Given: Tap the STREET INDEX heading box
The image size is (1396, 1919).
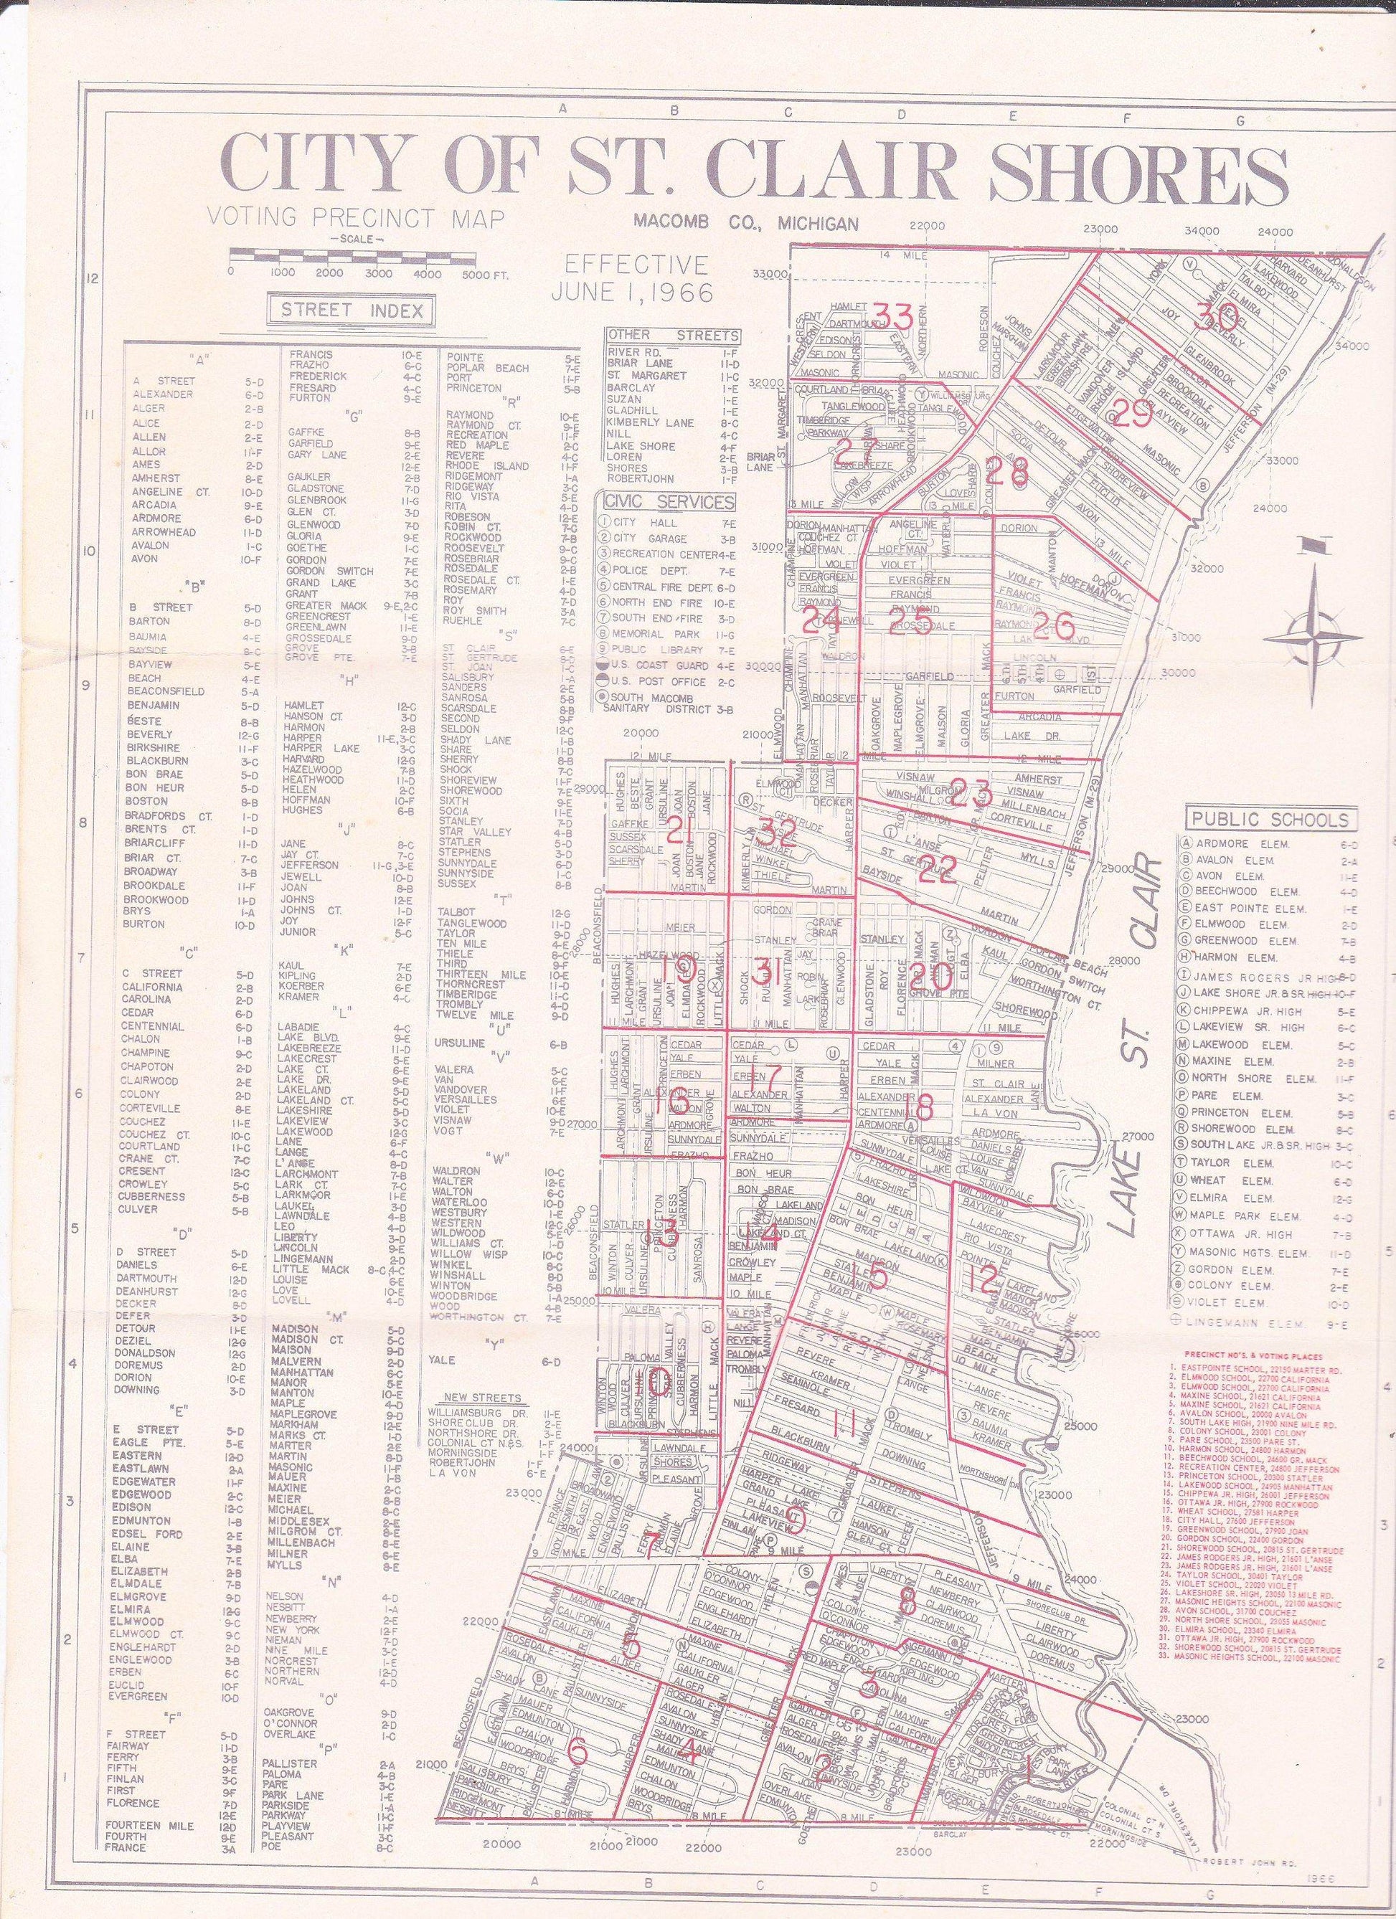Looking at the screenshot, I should (x=352, y=310).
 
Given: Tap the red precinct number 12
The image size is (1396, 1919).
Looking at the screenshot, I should (x=983, y=1279).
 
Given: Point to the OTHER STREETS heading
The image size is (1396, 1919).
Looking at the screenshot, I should (x=673, y=335).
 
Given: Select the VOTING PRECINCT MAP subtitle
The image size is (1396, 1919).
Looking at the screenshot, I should (x=357, y=218).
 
